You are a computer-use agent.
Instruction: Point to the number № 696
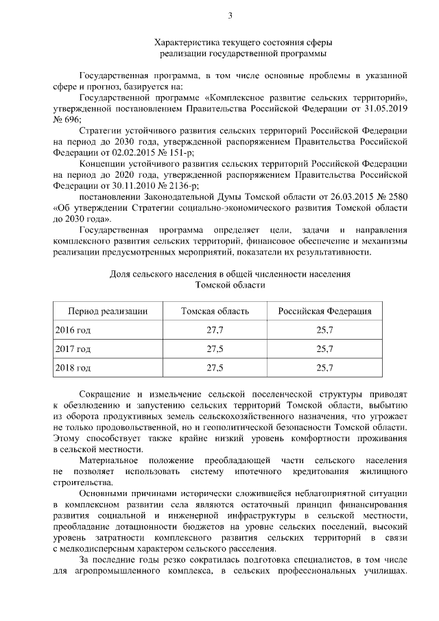[64, 119]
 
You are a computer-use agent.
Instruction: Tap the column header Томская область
[215, 311]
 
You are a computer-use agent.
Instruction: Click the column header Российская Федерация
[325, 311]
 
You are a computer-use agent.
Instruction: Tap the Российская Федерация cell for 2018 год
[325, 368]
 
